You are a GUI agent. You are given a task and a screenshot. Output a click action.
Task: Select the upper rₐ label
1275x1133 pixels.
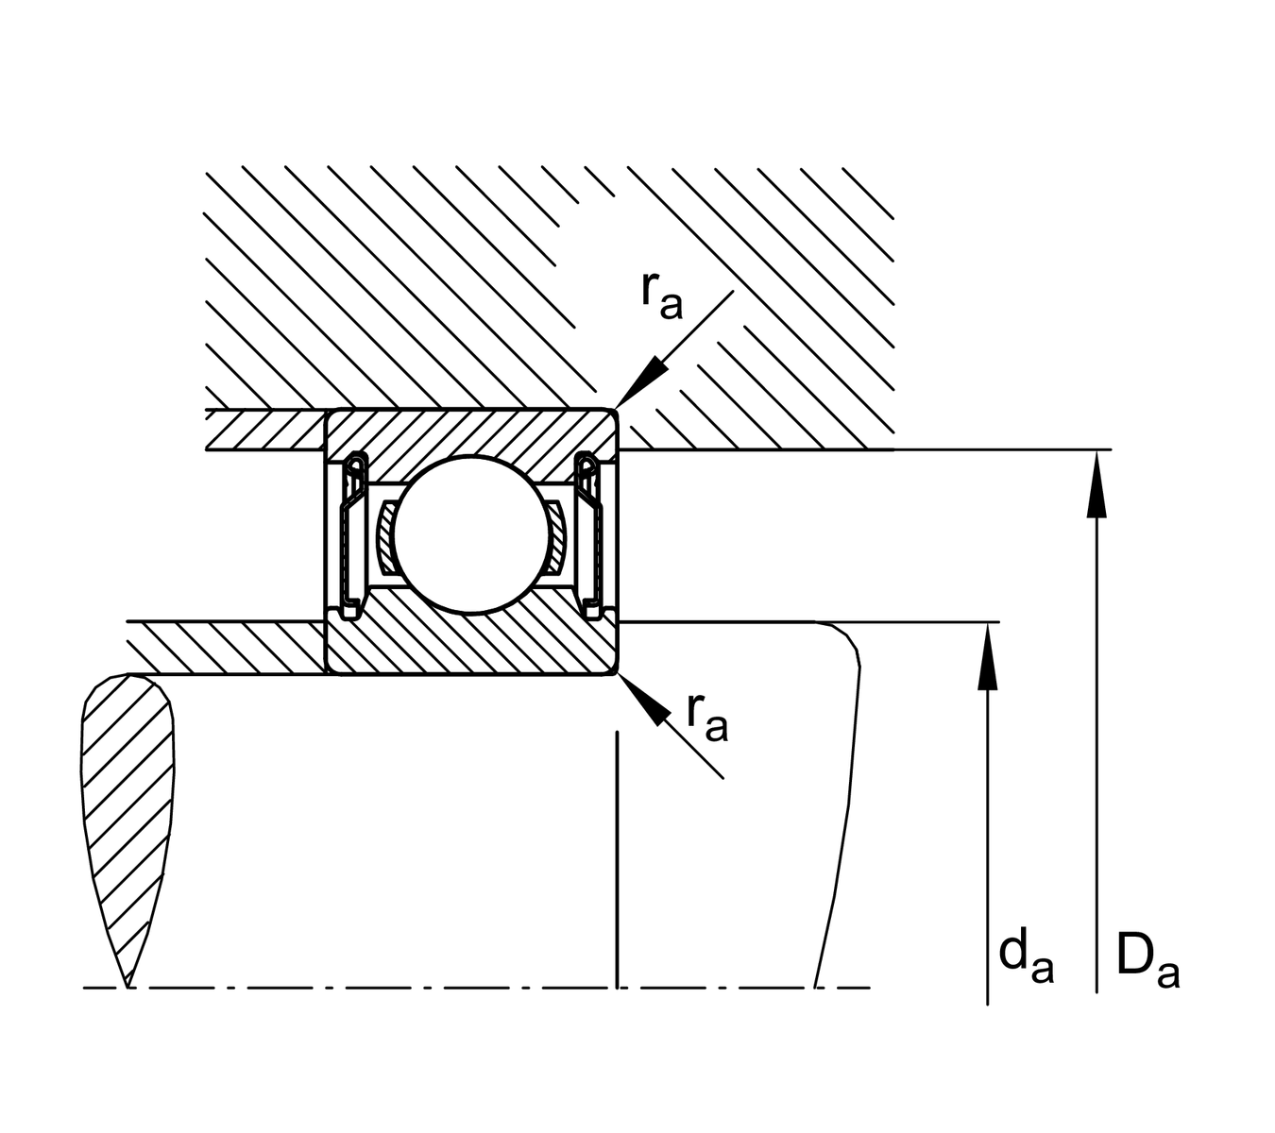click(x=660, y=296)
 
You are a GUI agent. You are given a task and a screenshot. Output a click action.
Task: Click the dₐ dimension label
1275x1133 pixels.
click(x=1026, y=957)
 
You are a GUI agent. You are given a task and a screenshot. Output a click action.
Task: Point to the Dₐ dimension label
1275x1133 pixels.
click(x=1147, y=959)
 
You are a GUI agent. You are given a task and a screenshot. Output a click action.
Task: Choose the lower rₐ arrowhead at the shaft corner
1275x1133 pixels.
click(x=637, y=695)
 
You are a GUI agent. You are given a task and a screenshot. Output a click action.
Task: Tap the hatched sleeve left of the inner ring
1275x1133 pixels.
click(x=227, y=649)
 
